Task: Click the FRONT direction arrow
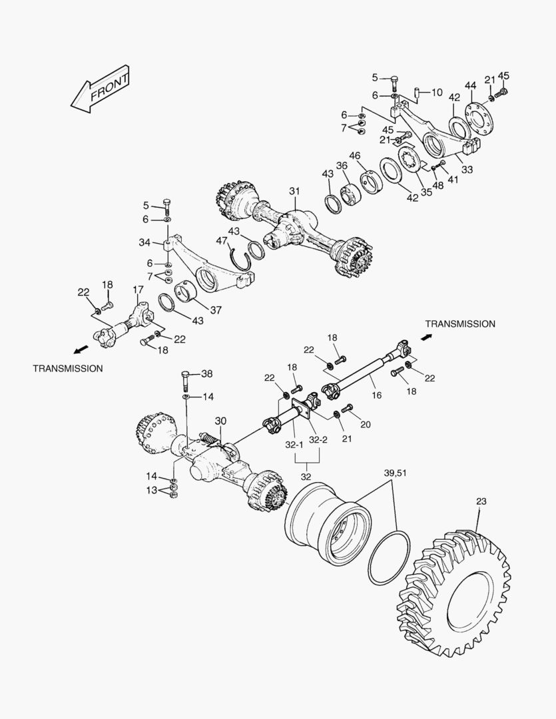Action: (100, 89)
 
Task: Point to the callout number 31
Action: (294, 191)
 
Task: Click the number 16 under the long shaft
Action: (377, 395)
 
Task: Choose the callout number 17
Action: (138, 290)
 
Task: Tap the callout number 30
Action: (220, 421)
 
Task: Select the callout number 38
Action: (207, 373)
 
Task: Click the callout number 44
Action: (470, 85)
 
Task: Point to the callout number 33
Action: (467, 170)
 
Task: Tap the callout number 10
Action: (436, 92)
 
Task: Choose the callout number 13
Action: (152, 491)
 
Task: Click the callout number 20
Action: (366, 424)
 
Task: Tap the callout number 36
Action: (342, 166)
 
